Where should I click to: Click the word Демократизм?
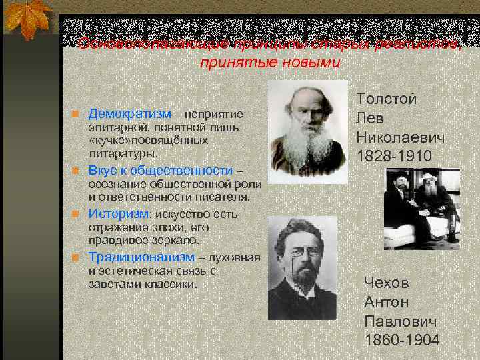click(130, 114)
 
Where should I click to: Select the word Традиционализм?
click(142, 257)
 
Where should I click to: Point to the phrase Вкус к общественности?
click(160, 170)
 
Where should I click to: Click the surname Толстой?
click(387, 99)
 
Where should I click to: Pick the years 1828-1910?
click(394, 156)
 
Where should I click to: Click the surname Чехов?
click(387, 283)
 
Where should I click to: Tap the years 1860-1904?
click(402, 340)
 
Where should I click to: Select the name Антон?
click(387, 302)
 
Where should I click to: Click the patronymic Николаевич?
click(400, 137)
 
